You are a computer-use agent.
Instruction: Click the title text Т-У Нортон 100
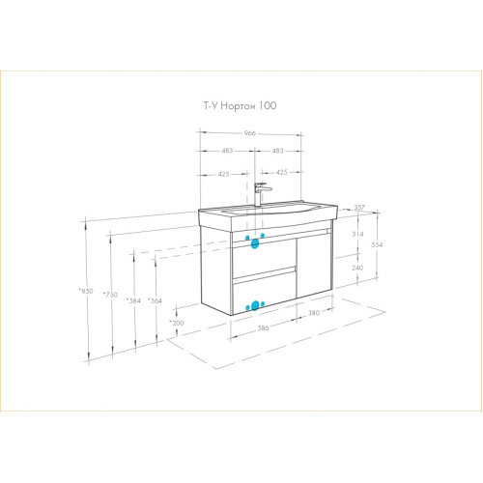point(240,105)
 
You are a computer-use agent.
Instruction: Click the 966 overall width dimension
point(249,133)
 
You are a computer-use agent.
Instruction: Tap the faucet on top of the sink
point(262,194)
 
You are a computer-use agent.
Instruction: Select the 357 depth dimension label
point(359,207)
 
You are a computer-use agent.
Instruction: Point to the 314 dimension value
point(357,234)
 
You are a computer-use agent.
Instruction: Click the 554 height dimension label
point(377,244)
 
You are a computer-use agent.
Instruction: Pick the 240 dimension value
point(357,268)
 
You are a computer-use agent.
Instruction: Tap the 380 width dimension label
point(314,312)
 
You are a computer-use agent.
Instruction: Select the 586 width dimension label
point(263,327)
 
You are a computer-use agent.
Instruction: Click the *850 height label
point(86,291)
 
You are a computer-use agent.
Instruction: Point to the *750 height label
point(110,295)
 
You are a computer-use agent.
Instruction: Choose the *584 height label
point(133,300)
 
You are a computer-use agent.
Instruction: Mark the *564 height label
point(155,300)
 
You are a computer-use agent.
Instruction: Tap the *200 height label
point(177,323)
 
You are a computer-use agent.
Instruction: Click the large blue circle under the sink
point(255,243)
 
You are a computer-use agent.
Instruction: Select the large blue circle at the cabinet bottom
point(255,305)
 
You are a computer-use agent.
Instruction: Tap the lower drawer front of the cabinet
point(265,293)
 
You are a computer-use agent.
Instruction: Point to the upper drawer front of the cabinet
point(264,258)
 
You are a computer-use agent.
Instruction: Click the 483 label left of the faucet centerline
point(227,151)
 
